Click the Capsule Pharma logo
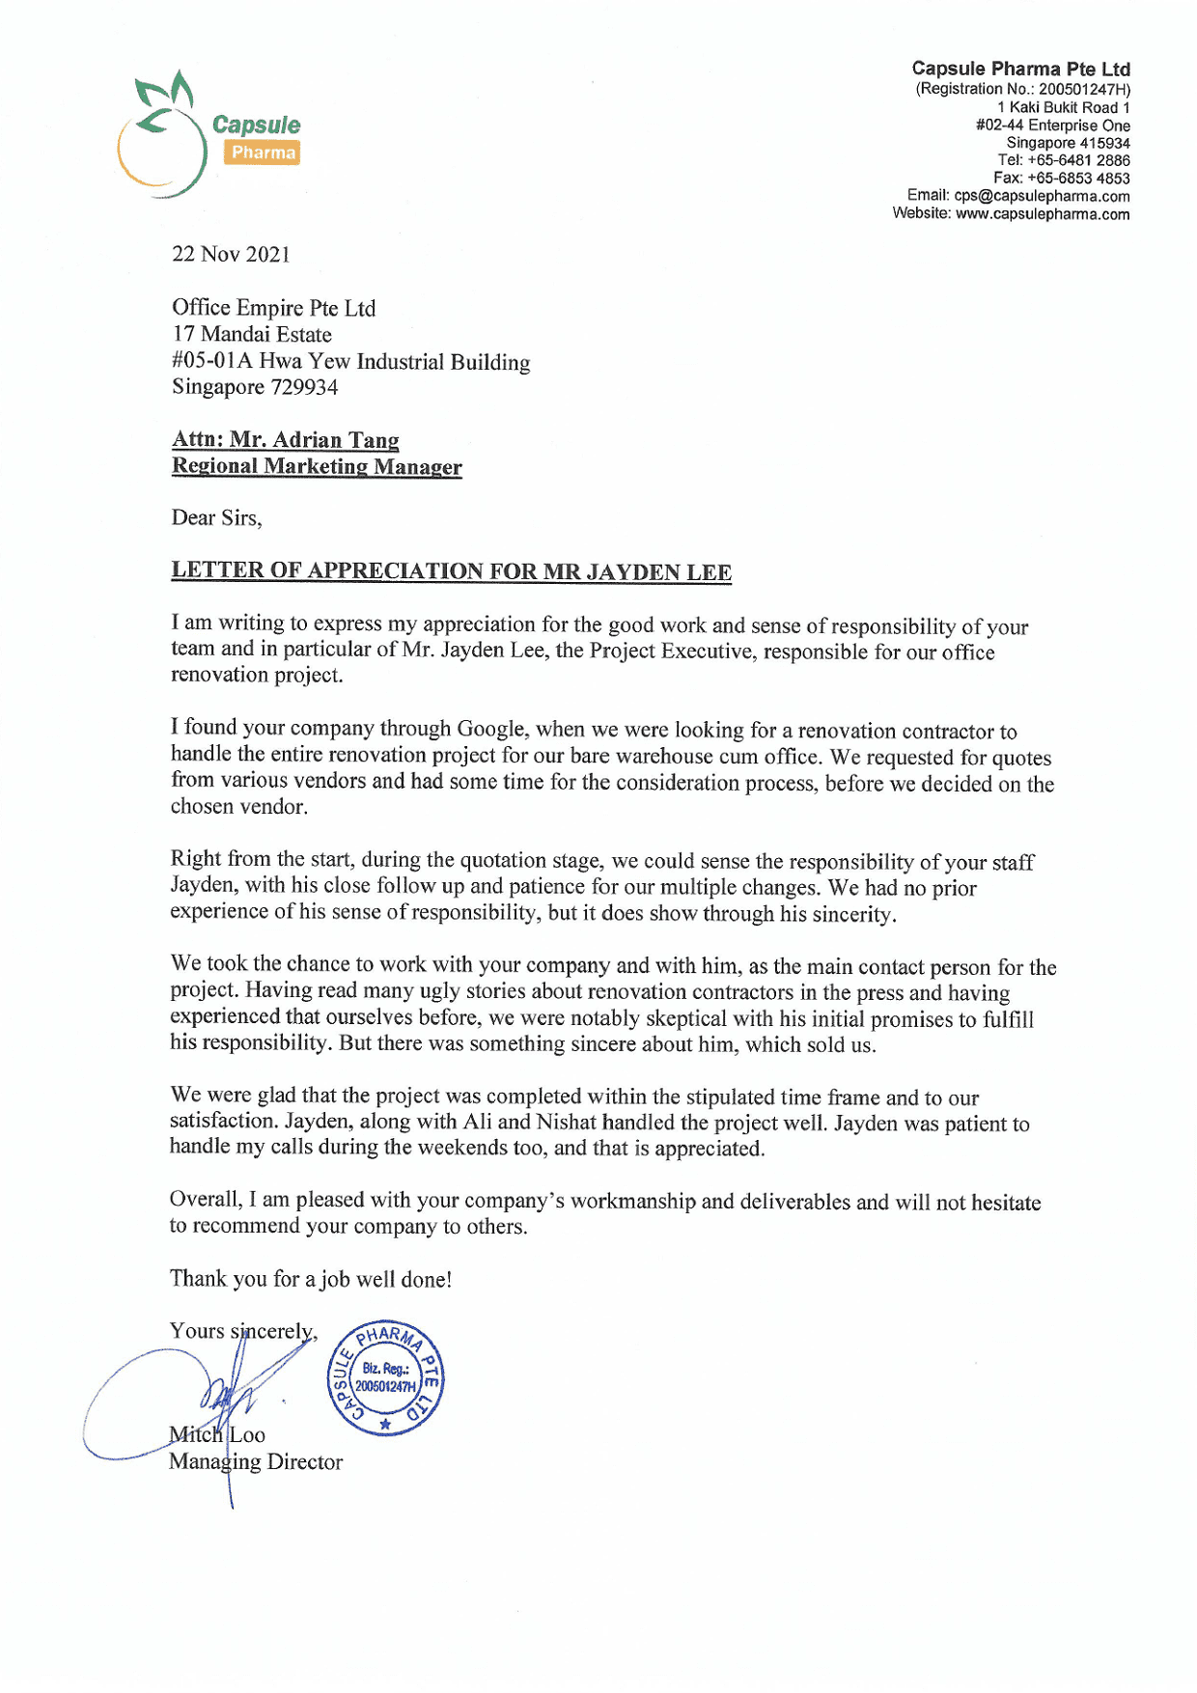(x=208, y=135)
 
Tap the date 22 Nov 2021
(x=231, y=254)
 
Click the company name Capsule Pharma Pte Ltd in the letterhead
(x=1020, y=69)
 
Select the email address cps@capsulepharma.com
(x=1042, y=196)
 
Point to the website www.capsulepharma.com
(x=1043, y=213)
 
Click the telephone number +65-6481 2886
(x=1078, y=160)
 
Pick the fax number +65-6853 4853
(x=1078, y=178)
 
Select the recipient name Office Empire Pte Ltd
(x=273, y=308)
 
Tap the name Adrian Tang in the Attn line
(x=335, y=440)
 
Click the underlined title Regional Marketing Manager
(x=317, y=466)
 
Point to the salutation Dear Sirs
(x=216, y=518)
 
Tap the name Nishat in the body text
(x=566, y=1122)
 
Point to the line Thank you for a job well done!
(x=311, y=1279)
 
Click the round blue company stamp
(x=385, y=1377)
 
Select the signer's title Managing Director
(x=256, y=1461)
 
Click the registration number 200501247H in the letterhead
(x=1082, y=89)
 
